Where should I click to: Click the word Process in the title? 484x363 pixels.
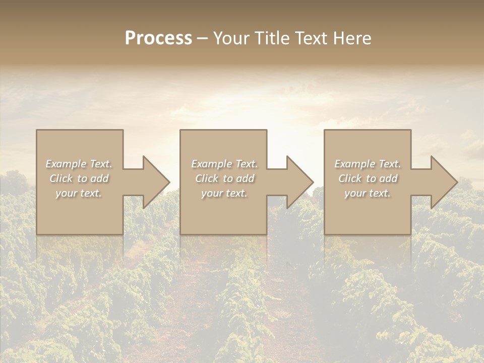(158, 38)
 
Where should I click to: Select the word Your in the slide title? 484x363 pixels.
(230, 38)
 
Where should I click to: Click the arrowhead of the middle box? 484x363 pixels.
(298, 182)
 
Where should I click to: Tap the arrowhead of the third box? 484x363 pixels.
(443, 182)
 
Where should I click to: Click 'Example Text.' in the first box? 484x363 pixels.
(79, 164)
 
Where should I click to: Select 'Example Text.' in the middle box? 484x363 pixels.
(224, 164)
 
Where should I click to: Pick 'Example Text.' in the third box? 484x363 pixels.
(368, 164)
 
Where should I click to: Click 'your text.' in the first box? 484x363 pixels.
(79, 193)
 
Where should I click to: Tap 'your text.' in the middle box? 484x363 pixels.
(224, 193)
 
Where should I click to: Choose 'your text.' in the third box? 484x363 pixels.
(368, 193)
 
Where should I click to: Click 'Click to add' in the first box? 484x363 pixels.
(79, 178)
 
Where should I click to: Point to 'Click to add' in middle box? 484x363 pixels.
(224, 178)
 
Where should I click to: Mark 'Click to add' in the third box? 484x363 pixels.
(368, 178)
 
